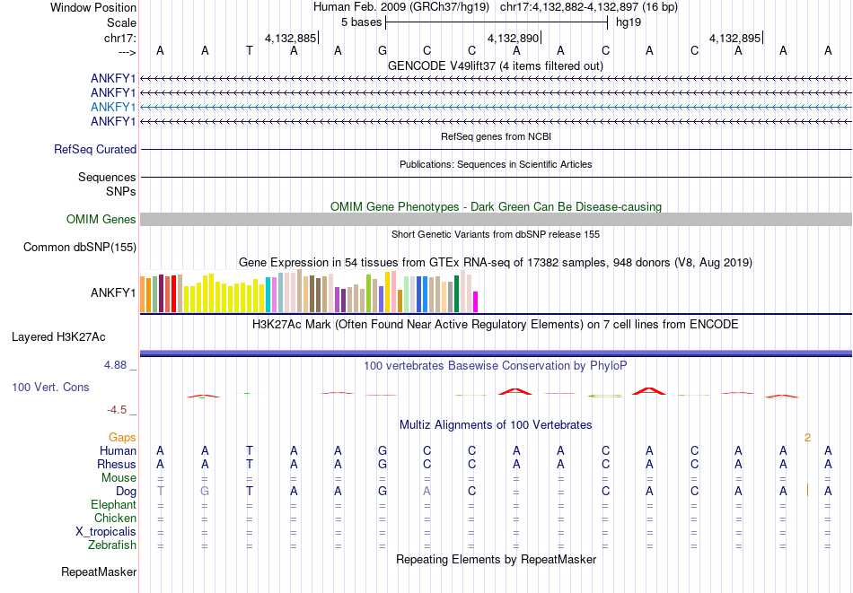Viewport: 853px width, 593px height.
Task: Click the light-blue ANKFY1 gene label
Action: click(x=113, y=107)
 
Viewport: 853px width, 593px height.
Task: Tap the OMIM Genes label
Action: click(x=101, y=219)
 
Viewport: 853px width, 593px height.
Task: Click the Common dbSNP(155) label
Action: click(x=80, y=248)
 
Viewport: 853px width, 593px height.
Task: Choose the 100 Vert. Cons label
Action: click(x=50, y=387)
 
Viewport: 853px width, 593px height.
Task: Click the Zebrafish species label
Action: click(x=112, y=545)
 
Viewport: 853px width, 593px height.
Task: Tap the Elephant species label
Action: click(x=114, y=505)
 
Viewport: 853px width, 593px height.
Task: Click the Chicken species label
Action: click(x=116, y=519)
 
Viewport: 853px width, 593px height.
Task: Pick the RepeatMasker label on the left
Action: click(x=99, y=571)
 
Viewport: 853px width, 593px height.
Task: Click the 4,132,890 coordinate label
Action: click(x=514, y=38)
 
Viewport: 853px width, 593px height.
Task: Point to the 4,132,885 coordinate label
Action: click(x=290, y=38)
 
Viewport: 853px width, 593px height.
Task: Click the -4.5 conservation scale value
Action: click(x=117, y=410)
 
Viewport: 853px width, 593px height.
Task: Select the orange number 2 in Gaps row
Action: click(x=808, y=437)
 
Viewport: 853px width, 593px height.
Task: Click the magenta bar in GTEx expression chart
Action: click(x=476, y=301)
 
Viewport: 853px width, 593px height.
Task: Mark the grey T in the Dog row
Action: click(x=160, y=491)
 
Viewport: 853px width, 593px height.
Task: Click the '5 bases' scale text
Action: click(x=361, y=22)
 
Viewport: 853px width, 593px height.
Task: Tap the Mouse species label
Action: click(x=119, y=478)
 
